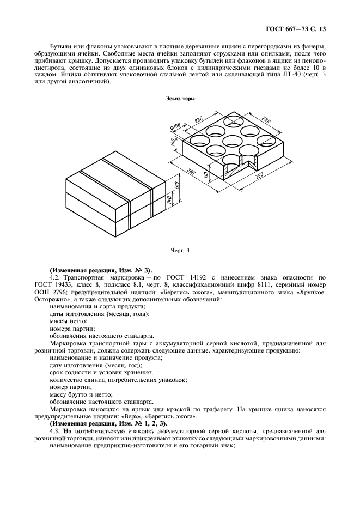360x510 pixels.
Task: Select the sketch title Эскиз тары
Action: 180,99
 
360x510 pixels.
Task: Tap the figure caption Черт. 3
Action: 180,251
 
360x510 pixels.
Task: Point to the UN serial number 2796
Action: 65,293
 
